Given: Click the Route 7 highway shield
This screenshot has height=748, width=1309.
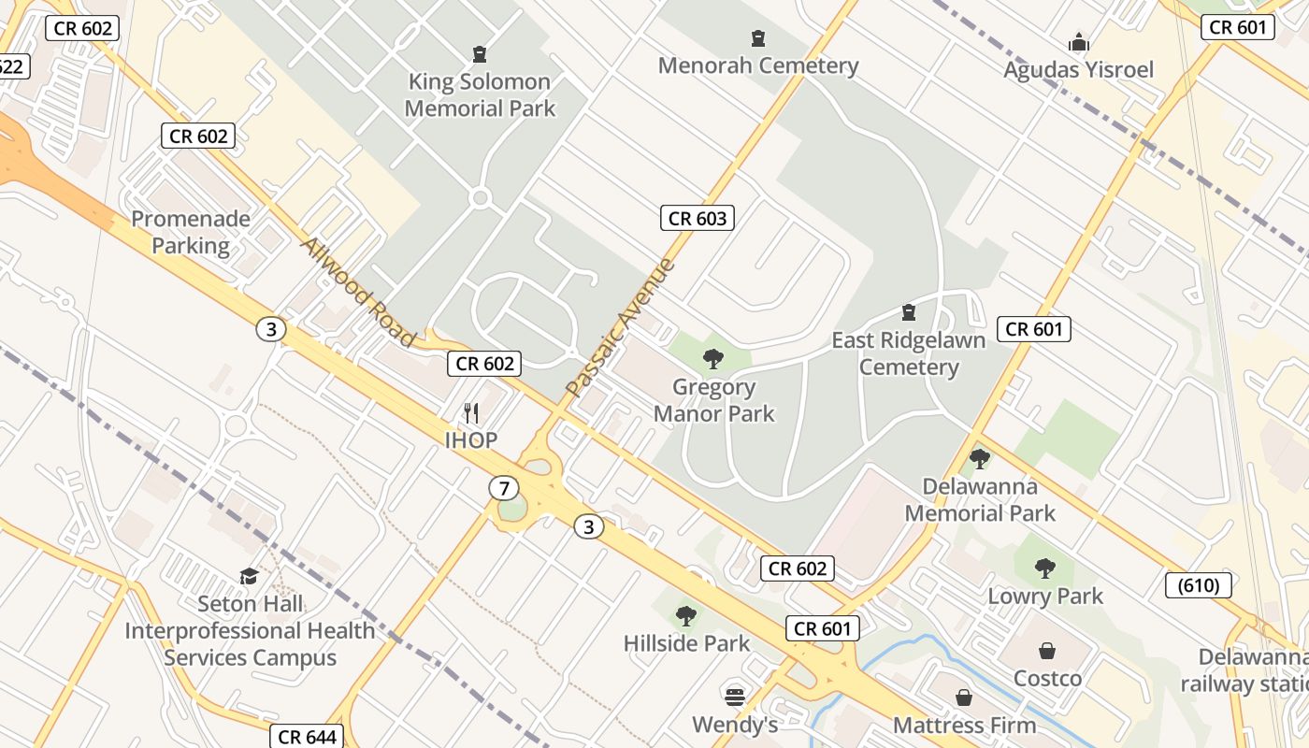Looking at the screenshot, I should pyautogui.click(x=504, y=488).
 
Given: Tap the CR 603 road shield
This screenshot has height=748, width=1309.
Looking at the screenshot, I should pyautogui.click(x=697, y=219).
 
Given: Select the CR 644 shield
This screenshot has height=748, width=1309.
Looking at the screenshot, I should pyautogui.click(x=308, y=736).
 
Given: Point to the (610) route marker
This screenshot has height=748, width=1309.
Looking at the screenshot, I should pyautogui.click(x=1198, y=585).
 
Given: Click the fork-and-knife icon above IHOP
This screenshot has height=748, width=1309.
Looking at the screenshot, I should pyautogui.click(x=472, y=412).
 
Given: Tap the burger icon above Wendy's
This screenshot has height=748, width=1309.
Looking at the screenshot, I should pyautogui.click(x=734, y=697).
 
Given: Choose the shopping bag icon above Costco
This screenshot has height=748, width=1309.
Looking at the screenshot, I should pyautogui.click(x=1047, y=651).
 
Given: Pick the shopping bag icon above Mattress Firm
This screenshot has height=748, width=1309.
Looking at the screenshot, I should pyautogui.click(x=964, y=698).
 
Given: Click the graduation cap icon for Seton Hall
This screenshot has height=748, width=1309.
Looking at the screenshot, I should pyautogui.click(x=249, y=576).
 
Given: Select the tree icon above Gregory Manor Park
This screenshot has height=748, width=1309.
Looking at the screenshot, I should pyautogui.click(x=713, y=358).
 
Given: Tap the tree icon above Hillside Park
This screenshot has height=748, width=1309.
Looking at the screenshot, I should pyautogui.click(x=686, y=615).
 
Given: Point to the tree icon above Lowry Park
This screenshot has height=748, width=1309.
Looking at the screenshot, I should pyautogui.click(x=1045, y=568).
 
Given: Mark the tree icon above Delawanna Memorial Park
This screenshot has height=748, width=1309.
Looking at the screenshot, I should pyautogui.click(x=979, y=458).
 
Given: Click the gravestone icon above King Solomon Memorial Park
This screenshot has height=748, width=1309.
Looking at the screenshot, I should pyautogui.click(x=480, y=53).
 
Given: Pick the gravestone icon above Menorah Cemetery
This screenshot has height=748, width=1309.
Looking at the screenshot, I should pyautogui.click(x=758, y=38).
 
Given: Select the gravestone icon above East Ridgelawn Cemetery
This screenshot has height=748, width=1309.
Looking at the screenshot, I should pyautogui.click(x=908, y=311).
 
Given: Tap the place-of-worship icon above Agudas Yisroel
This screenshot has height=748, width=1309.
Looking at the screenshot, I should pyautogui.click(x=1079, y=42).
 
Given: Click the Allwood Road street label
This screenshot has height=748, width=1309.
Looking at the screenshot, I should pyautogui.click(x=357, y=291).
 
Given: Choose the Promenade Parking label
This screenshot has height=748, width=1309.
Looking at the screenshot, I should pyautogui.click(x=191, y=232).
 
